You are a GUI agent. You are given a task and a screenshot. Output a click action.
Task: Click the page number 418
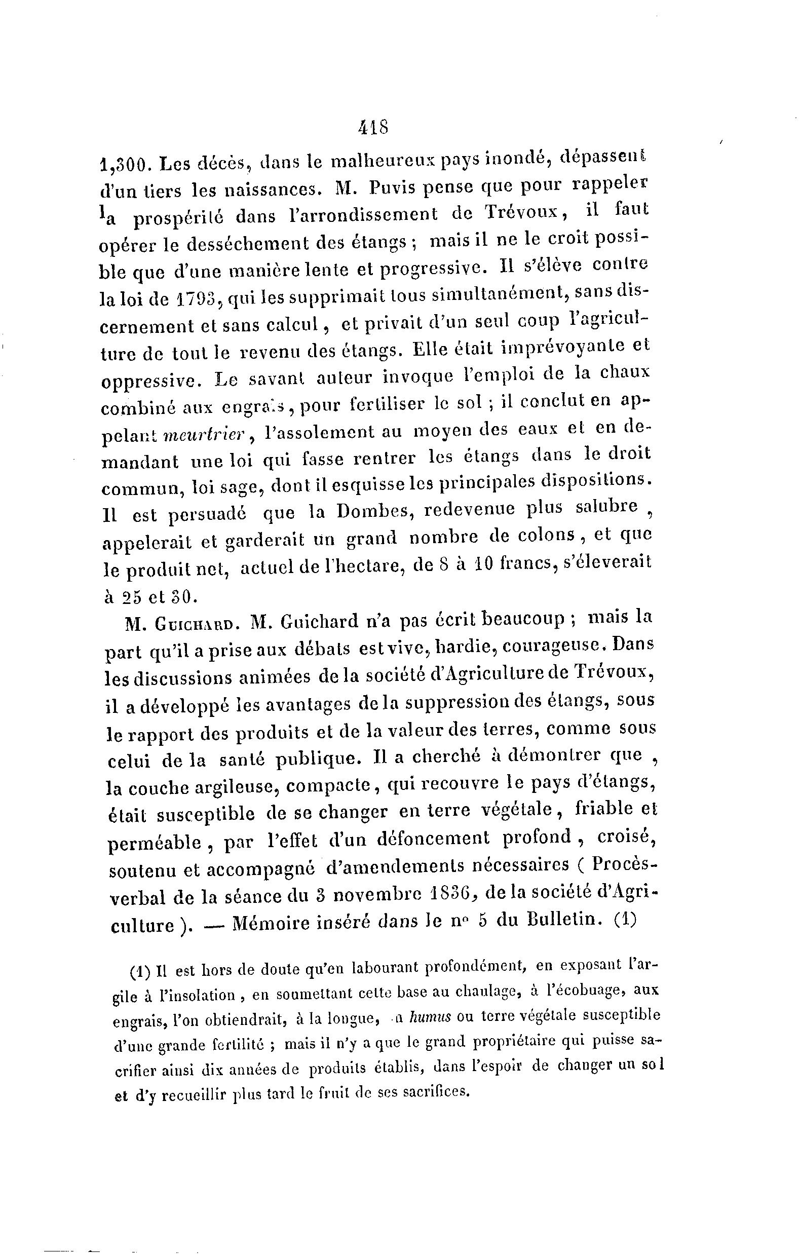373,128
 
